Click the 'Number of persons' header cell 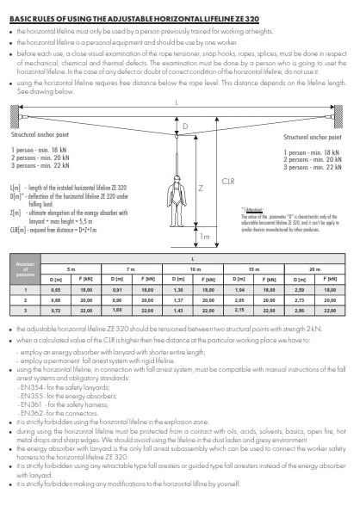[x=27, y=275]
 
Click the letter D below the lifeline [x=184, y=126]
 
